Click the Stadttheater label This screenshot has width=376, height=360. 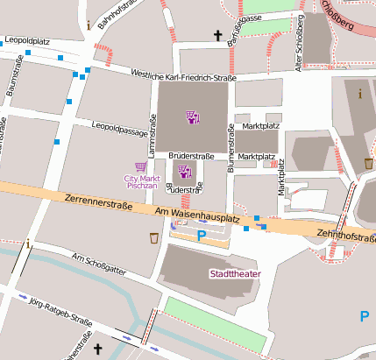coord(234,273)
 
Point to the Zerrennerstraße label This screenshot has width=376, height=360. coord(98,203)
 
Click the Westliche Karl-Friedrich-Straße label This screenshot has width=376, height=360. coord(182,77)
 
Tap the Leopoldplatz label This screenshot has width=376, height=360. coord(28,40)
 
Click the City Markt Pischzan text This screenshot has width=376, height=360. coord(139,182)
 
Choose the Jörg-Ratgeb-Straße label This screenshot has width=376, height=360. coord(60,307)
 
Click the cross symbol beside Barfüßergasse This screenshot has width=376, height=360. coord(217,36)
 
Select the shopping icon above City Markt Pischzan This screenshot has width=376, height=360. coord(139,166)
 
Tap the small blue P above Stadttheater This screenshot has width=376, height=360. coord(201,235)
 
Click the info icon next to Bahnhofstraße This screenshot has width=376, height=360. coord(89,25)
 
